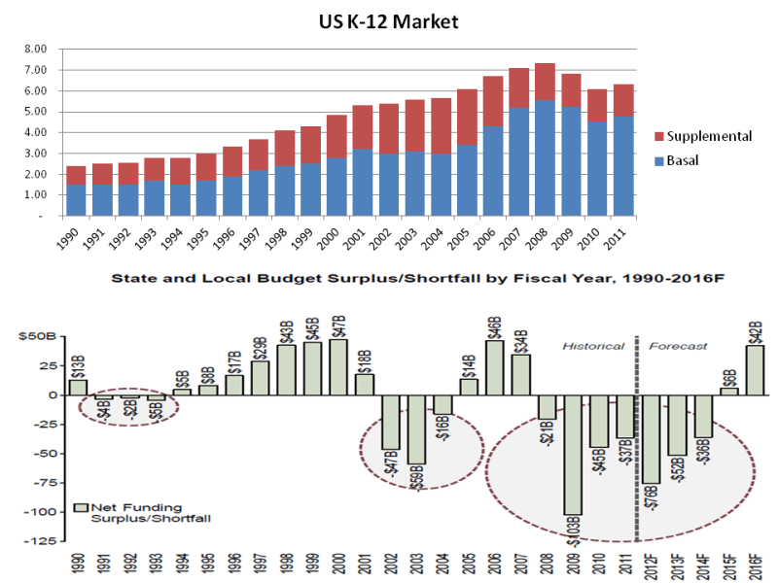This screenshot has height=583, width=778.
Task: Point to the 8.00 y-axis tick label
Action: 35,49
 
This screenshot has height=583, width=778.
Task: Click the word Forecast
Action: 678,346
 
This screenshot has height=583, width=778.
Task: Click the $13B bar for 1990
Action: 78,387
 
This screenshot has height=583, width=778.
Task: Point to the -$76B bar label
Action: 651,497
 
